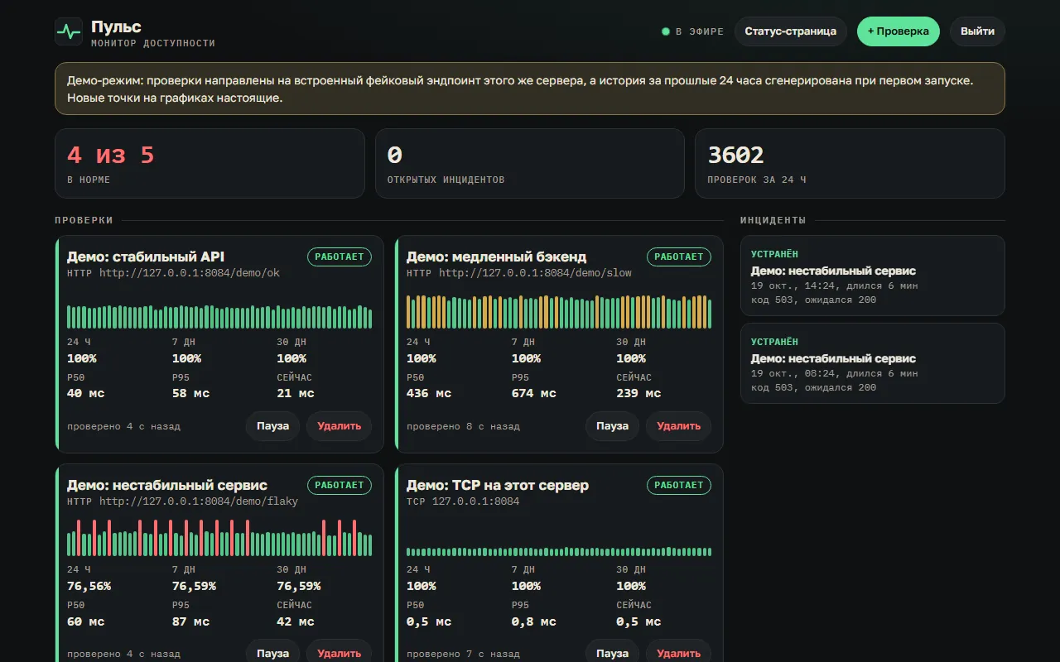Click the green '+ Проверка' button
tap(898, 31)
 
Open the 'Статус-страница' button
tap(790, 31)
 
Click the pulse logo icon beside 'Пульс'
tap(69, 31)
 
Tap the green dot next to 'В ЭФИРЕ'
tap(665, 31)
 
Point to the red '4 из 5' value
tap(111, 155)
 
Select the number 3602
tap(735, 155)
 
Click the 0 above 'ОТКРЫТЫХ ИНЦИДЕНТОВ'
tap(395, 155)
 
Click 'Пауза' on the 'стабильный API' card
tap(272, 426)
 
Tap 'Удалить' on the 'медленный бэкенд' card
tap(678, 426)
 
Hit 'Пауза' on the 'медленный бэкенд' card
tap(612, 426)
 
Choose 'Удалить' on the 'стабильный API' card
tap(339, 426)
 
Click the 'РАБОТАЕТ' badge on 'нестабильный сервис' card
tap(340, 485)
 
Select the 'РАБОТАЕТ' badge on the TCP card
tap(678, 485)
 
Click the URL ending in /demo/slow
tap(535, 273)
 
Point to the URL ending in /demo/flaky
tap(198, 501)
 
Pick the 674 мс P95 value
tap(533, 393)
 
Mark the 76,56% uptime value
tap(89, 587)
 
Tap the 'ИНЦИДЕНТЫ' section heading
tap(773, 220)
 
